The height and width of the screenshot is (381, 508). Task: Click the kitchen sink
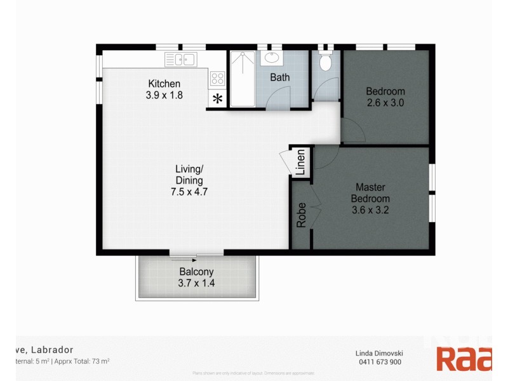(180, 60)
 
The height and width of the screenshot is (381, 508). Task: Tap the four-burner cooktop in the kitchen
(217, 78)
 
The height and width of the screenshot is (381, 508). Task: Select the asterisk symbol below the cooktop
(217, 98)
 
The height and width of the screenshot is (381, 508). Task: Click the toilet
(326, 62)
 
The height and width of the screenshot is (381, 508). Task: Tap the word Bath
(279, 77)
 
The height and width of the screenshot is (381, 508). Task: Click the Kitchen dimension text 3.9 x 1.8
(164, 96)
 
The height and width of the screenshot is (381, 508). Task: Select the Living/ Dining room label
(189, 175)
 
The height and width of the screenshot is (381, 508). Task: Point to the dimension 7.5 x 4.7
(189, 192)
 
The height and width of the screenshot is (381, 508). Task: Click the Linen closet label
(301, 163)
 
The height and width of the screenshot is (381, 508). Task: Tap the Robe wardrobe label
(302, 215)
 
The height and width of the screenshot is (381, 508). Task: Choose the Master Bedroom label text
(370, 192)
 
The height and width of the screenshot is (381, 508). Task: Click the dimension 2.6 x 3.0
(385, 102)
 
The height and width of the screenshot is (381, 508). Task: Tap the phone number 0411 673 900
(378, 362)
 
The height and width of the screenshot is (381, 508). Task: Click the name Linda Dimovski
(378, 353)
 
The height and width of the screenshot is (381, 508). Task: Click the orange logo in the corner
(463, 359)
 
